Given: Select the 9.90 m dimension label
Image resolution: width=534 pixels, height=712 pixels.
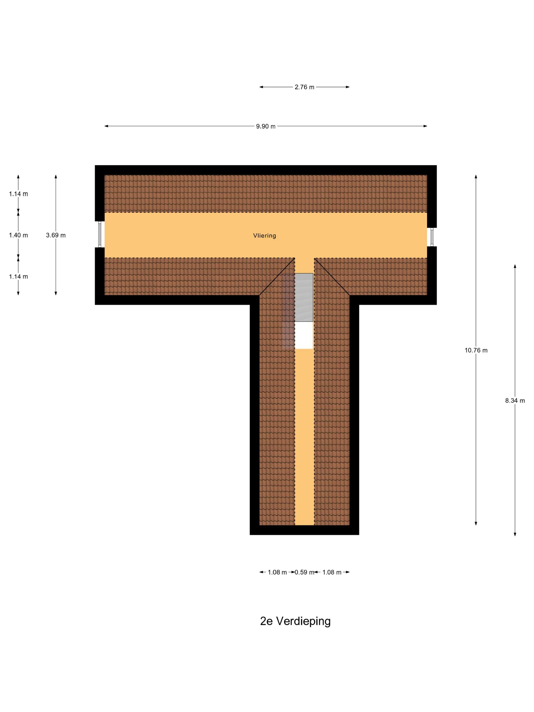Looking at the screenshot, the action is click(265, 126).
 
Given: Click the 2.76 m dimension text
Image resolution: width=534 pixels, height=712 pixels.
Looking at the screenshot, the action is click(304, 87).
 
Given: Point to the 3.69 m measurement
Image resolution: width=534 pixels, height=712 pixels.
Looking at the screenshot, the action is click(56, 235).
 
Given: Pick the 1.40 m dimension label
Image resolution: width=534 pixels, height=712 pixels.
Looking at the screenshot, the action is click(18, 235).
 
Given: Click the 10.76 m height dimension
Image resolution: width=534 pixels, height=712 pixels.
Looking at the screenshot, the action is click(476, 350).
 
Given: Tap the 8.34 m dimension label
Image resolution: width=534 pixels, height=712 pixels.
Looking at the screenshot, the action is click(515, 401).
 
